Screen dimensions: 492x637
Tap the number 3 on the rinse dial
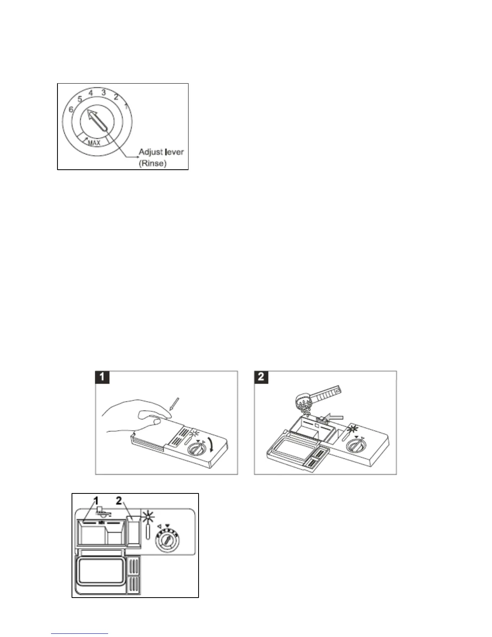point(104,92)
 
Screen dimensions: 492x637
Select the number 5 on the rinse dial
point(80,99)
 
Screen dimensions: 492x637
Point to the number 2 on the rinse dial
point(116,97)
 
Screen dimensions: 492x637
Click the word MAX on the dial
point(94,142)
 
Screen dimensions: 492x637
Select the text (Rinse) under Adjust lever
point(152,164)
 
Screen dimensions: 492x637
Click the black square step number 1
point(102,377)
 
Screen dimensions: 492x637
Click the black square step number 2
point(261,377)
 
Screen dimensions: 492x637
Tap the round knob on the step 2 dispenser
point(356,446)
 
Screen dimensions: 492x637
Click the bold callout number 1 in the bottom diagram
point(96,501)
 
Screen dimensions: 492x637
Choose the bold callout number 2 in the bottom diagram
point(119,501)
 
